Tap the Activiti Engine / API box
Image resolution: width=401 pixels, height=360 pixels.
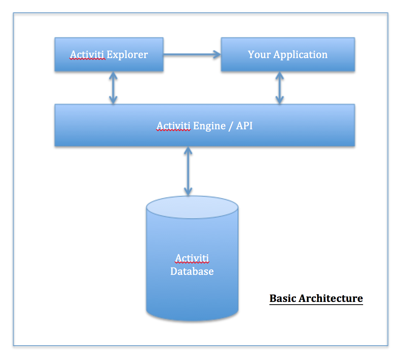tap(204, 135)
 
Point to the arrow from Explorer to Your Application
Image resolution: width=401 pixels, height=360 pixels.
tap(192, 55)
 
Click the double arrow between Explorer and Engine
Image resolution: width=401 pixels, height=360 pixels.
tap(113, 88)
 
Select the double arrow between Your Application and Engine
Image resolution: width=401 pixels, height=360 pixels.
tap(279, 88)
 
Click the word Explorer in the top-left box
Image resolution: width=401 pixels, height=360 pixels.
tap(127, 55)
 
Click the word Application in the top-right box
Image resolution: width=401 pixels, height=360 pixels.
tap(300, 55)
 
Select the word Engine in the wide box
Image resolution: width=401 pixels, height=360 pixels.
tap(209, 126)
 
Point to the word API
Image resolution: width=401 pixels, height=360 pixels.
tap(244, 125)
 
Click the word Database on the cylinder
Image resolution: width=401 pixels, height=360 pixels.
tap(192, 271)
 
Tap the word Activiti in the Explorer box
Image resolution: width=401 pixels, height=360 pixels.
tap(87, 55)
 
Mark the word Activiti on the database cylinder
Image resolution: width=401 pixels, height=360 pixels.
tap(192, 258)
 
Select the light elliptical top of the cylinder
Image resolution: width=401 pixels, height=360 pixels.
tap(192, 207)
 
